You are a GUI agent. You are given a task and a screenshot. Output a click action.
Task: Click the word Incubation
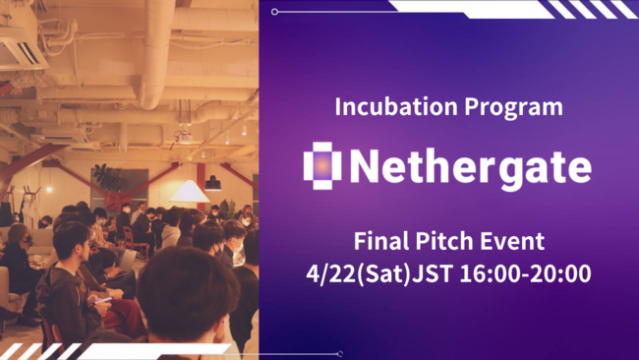[x=379, y=105]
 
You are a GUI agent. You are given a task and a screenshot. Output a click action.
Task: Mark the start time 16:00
[x=489, y=272]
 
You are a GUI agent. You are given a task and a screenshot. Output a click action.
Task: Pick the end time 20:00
[x=562, y=272]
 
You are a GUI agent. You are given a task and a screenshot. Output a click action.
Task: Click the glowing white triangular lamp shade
[x=189, y=192]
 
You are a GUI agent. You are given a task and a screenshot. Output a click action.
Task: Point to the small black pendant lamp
[x=212, y=182]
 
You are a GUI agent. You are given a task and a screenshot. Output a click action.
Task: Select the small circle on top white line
[x=274, y=12]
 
